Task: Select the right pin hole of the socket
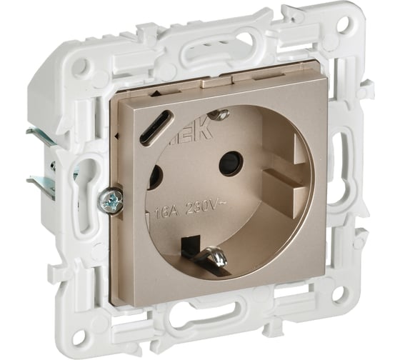point(230,163)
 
